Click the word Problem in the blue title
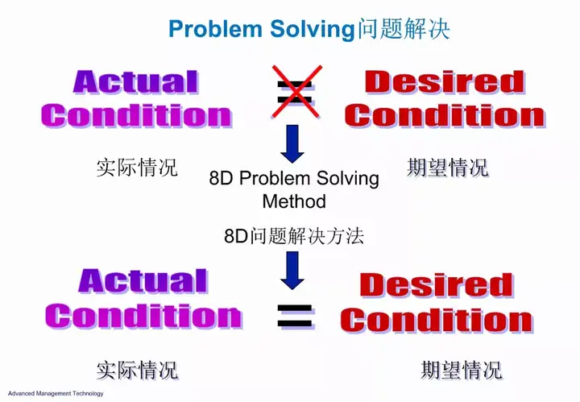point(215,28)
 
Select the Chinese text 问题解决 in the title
point(404,28)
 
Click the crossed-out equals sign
point(296,91)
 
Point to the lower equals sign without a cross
point(296,316)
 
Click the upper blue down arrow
point(292,144)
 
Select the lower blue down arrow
point(292,271)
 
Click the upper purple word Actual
point(136,81)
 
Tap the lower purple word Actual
point(143,281)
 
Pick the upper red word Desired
point(445,81)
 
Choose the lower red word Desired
point(437,284)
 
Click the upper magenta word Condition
point(136,116)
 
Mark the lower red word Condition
point(437,320)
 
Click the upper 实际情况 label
point(137,167)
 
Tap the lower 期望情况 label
point(462,370)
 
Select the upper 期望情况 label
point(448,167)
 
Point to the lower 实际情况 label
point(137,370)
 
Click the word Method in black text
point(294,201)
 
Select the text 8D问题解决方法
point(294,236)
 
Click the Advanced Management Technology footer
point(56,393)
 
